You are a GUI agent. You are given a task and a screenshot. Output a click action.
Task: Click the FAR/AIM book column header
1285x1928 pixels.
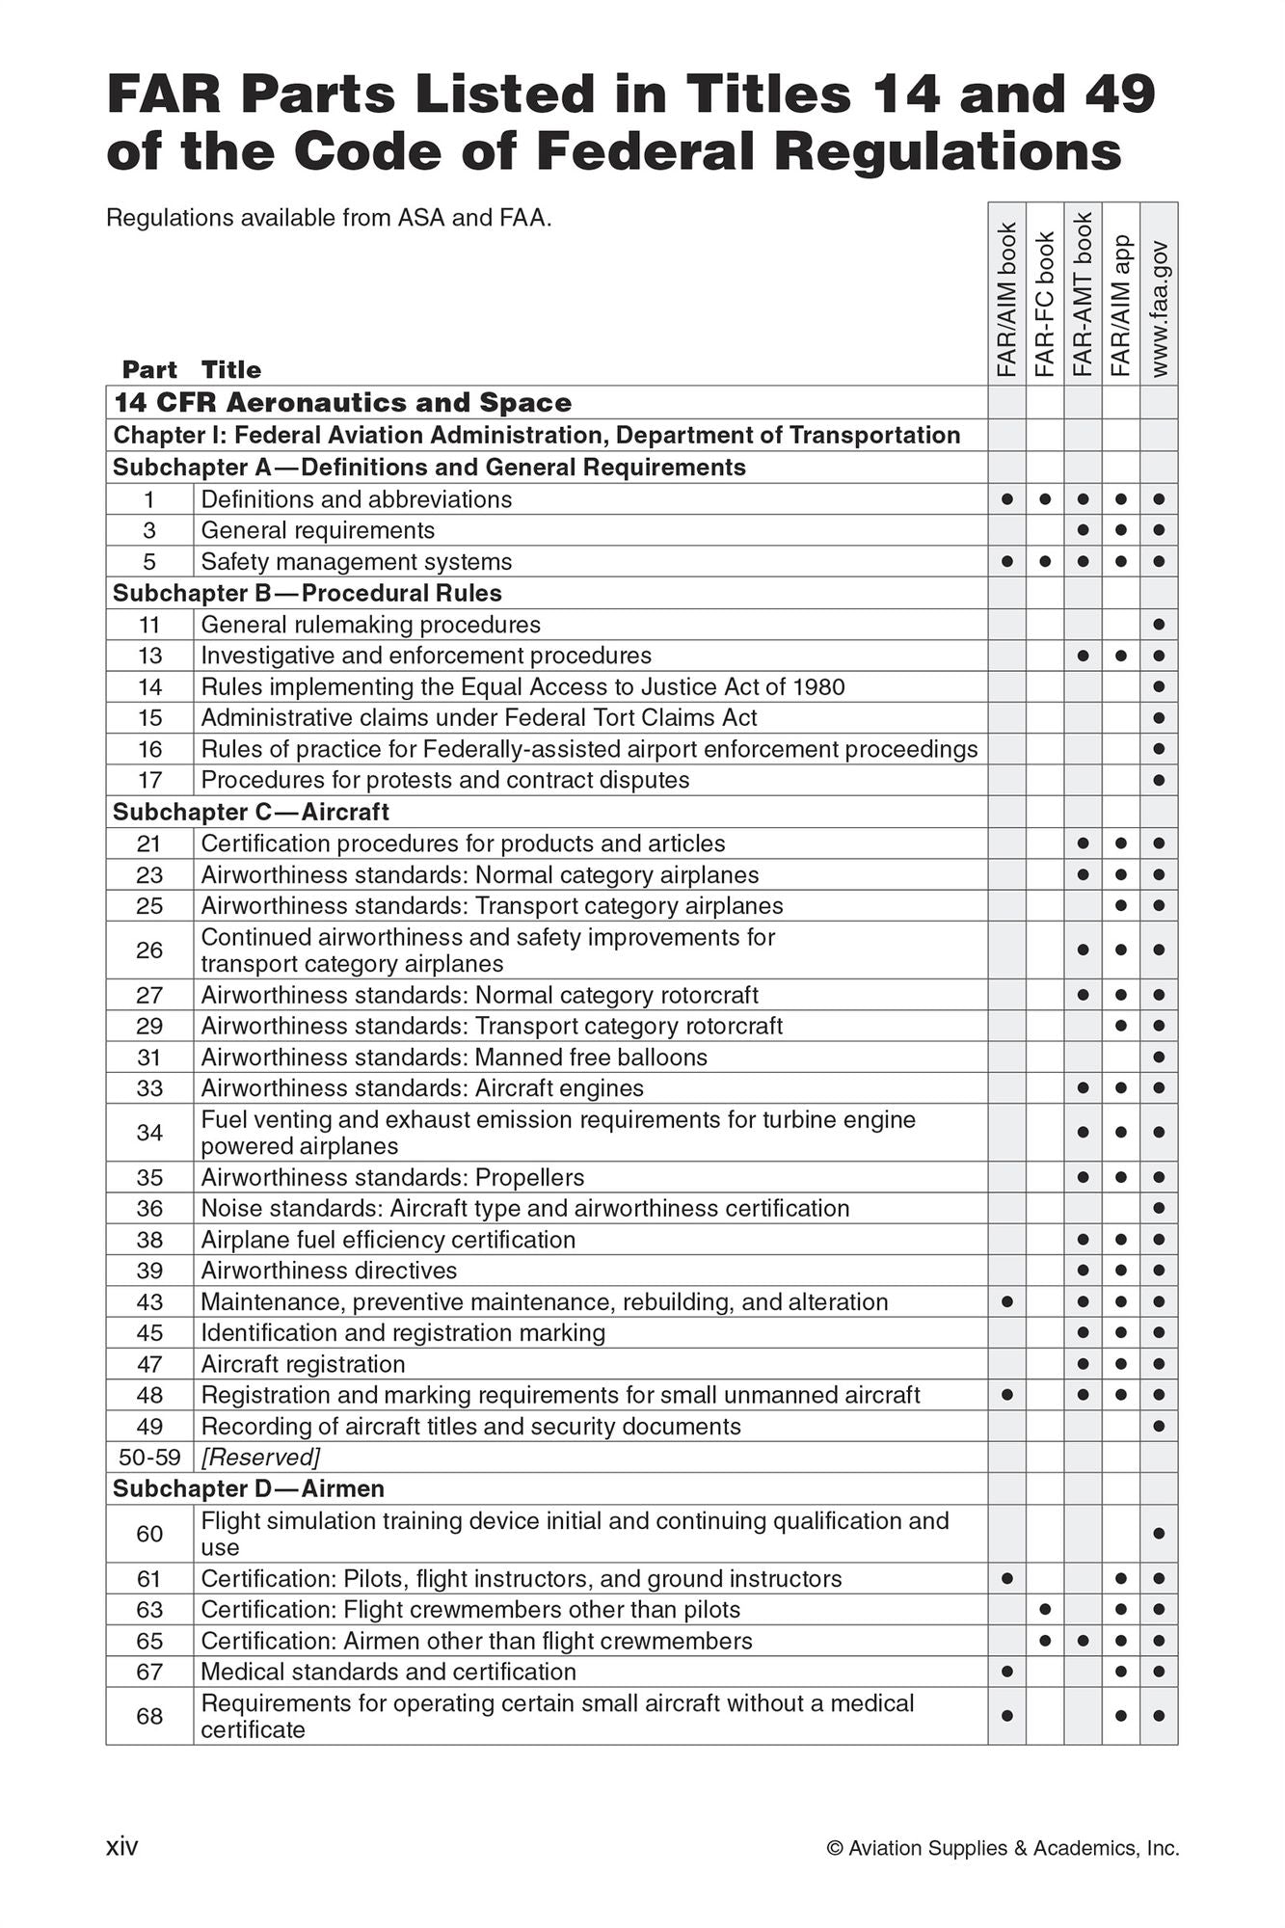click(x=1006, y=299)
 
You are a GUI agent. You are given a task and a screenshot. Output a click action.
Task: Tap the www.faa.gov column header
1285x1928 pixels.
click(x=1159, y=308)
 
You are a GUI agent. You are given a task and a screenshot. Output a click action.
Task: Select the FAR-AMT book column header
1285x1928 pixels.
click(x=1083, y=294)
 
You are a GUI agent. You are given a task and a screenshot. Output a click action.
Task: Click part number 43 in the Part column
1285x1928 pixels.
click(x=149, y=1302)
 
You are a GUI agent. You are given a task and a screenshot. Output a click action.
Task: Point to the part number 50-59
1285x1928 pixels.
click(x=149, y=1457)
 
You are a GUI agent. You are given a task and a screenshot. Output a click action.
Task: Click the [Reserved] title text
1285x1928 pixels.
click(x=260, y=1457)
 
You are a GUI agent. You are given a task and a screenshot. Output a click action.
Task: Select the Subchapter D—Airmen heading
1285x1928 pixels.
click(x=249, y=1488)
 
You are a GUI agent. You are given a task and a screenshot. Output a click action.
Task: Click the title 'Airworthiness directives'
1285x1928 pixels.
click(x=329, y=1271)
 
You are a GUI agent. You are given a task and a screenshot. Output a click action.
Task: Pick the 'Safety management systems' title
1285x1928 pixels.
click(x=357, y=562)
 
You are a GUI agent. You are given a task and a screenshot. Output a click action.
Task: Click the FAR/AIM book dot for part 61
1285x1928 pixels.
click(x=1006, y=1579)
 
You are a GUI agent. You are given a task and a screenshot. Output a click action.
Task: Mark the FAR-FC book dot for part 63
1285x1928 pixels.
click(x=1045, y=1610)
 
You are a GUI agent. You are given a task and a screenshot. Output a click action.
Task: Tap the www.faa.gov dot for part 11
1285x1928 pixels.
click(x=1159, y=625)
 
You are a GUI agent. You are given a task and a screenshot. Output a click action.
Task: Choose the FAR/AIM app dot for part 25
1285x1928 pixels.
click(x=1120, y=906)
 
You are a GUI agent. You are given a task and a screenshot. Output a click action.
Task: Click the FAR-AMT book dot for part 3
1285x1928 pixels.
click(x=1083, y=530)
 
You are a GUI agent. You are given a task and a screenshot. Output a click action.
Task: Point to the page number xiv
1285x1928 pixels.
click(x=121, y=1847)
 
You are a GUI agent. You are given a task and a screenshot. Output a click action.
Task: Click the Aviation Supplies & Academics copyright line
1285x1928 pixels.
click(x=1003, y=1848)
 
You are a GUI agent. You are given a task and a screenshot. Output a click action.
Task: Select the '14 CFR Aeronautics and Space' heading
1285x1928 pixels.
click(x=342, y=403)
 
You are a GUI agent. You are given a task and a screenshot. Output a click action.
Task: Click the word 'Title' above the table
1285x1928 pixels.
click(x=231, y=370)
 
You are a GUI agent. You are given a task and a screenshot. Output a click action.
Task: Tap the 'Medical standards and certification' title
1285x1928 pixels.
click(x=388, y=1672)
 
